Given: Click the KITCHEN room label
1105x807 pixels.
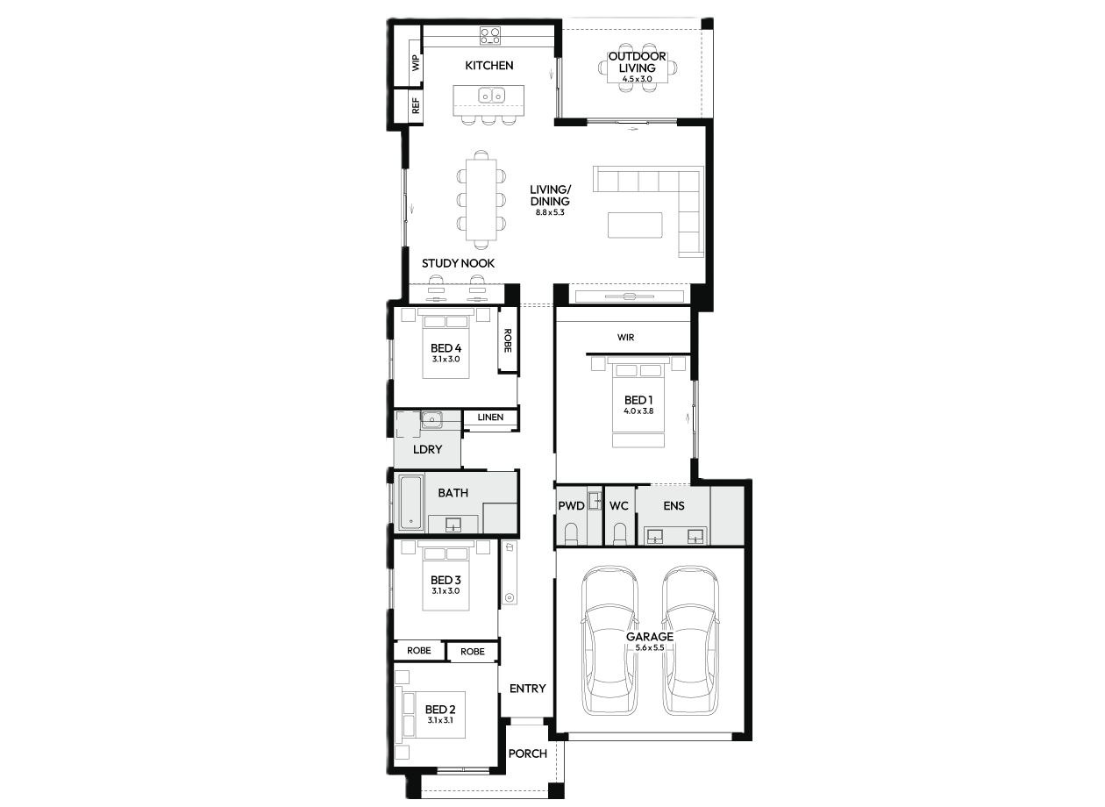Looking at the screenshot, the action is (x=488, y=66).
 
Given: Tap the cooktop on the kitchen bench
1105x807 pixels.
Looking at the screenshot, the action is (x=490, y=36).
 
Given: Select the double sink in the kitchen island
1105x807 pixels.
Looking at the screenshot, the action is (x=491, y=96).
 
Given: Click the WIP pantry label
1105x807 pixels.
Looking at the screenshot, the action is (x=416, y=62).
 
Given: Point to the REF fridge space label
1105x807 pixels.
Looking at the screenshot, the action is (x=416, y=105).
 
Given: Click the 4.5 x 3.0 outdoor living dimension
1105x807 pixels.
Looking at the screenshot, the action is (x=637, y=79).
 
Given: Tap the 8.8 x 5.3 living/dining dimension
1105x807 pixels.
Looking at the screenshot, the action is (x=550, y=212).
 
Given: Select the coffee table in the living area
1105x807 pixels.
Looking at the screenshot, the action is (x=635, y=225).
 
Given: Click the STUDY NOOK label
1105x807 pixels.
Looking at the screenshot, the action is (x=458, y=263).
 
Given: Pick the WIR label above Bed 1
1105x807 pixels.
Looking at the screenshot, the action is (x=625, y=338).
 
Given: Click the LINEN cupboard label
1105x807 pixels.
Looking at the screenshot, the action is (x=490, y=418).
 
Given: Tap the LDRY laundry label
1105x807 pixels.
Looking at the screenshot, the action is (x=427, y=449).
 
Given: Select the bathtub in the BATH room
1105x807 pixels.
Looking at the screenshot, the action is (x=410, y=503).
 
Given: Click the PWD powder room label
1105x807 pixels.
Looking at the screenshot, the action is (x=571, y=505).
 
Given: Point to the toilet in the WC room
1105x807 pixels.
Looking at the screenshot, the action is (x=619, y=533).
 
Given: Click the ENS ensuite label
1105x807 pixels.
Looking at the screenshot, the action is (x=674, y=505).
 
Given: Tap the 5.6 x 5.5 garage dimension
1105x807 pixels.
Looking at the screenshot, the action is (x=650, y=647).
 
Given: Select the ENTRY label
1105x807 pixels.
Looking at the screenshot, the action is (x=527, y=689).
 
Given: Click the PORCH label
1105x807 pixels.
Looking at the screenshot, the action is (x=527, y=753).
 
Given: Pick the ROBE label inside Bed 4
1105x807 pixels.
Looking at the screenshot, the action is (x=508, y=340).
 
